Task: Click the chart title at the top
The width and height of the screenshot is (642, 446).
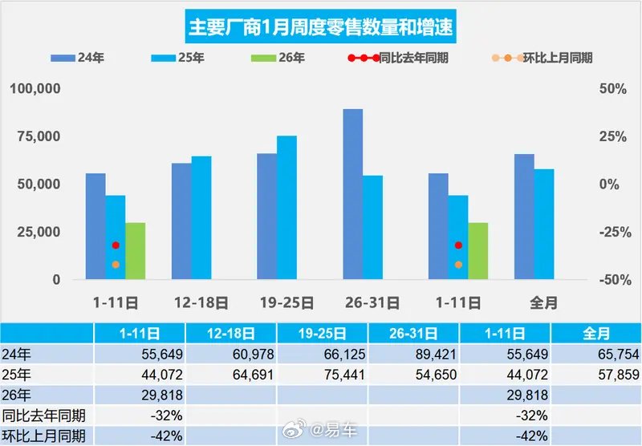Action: click(320, 27)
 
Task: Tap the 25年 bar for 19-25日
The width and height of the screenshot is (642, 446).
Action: click(286, 208)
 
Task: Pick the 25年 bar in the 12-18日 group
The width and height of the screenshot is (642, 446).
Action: click(201, 217)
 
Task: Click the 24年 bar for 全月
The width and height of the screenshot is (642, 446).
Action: click(524, 217)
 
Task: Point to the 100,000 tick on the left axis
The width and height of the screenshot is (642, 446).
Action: click(35, 88)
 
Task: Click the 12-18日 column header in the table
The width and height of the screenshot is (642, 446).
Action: click(231, 333)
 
